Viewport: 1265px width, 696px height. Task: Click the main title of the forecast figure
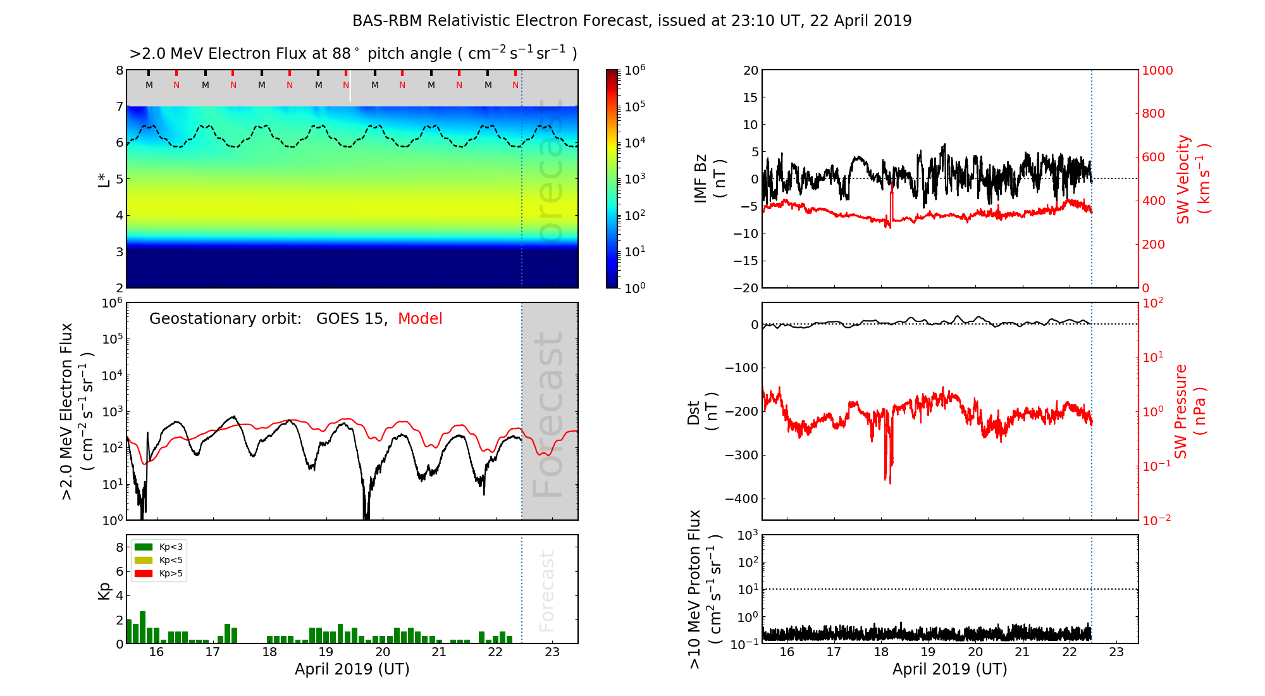click(632, 21)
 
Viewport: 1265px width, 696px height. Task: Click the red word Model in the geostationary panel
click(420, 319)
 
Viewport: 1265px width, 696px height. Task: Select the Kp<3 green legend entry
click(159, 547)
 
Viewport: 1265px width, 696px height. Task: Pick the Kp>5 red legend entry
click(159, 574)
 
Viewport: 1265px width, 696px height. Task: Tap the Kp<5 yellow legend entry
click(159, 560)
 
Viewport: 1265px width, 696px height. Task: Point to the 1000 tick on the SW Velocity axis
click(1157, 70)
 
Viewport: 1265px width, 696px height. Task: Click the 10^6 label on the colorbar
click(634, 70)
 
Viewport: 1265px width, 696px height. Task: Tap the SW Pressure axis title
click(1190, 411)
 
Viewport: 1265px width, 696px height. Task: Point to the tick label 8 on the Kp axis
click(120, 547)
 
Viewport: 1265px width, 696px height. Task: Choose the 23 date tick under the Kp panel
click(552, 652)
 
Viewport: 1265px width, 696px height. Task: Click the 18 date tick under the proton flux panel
click(881, 652)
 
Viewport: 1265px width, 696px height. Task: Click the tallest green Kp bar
click(143, 627)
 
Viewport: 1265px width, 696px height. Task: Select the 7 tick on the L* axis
click(120, 106)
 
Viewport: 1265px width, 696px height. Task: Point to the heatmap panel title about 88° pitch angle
click(353, 54)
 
